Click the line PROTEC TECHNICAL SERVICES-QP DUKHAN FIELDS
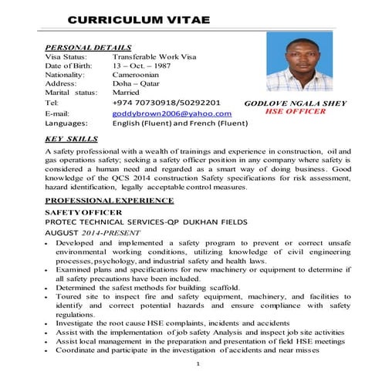[146, 221]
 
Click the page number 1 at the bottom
[198, 363]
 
